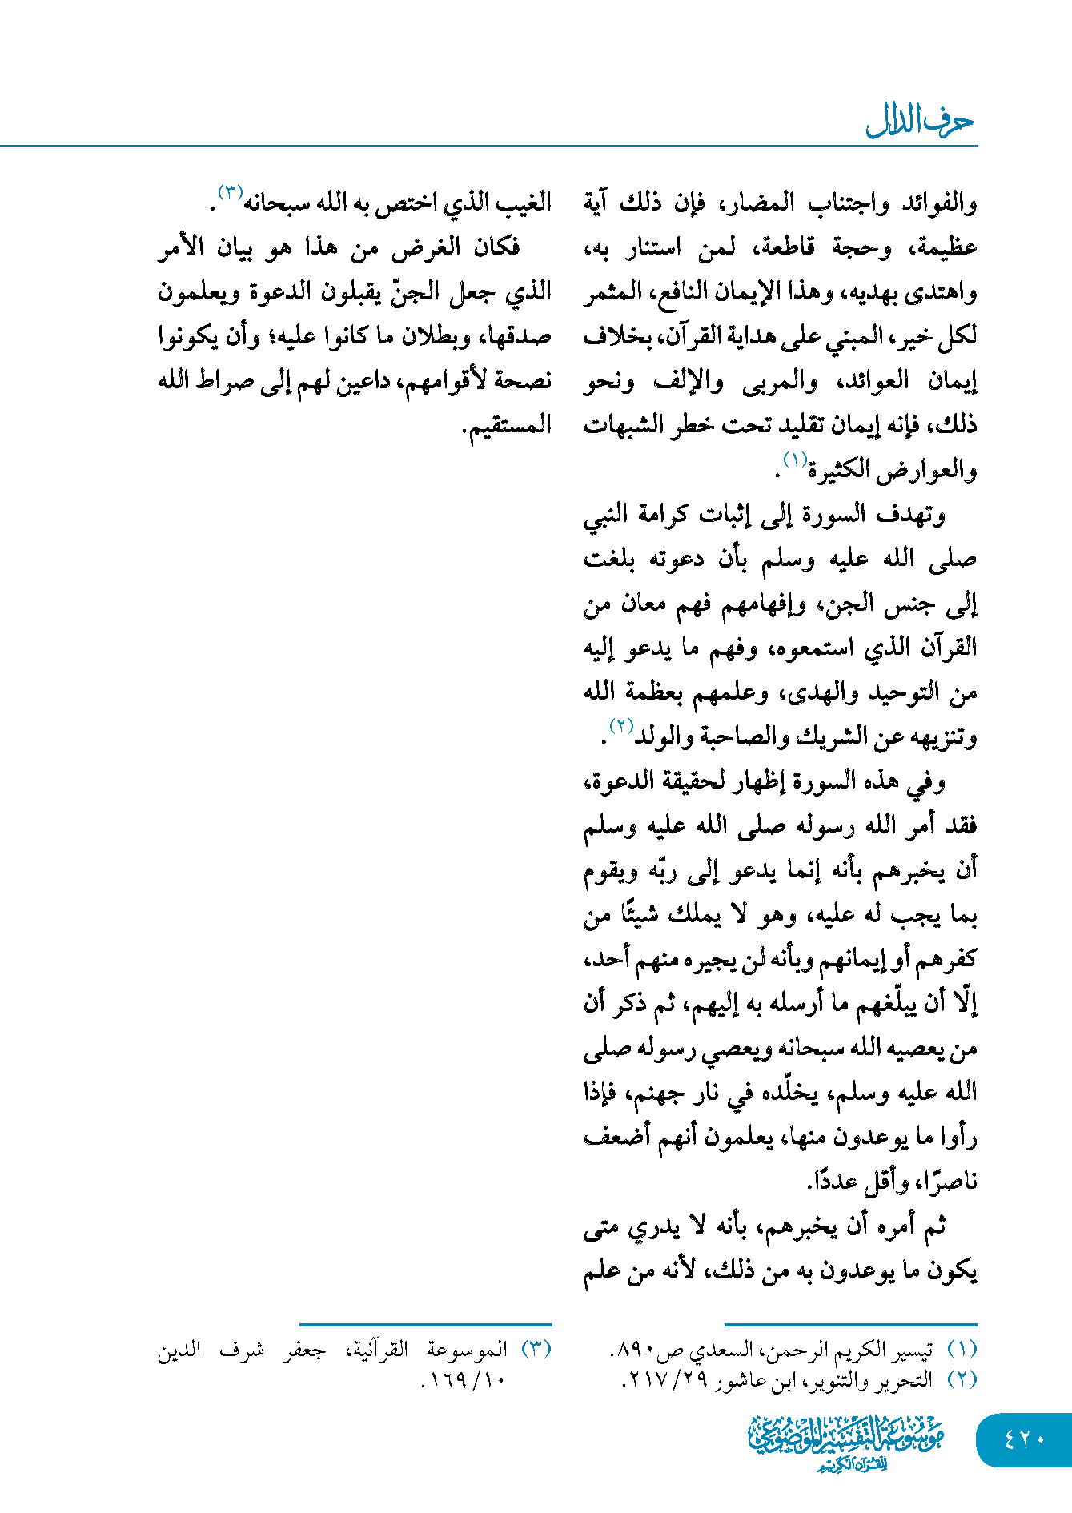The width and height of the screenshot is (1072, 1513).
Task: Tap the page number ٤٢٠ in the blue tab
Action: pos(1024,1439)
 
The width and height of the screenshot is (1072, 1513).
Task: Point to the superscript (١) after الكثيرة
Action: pos(795,460)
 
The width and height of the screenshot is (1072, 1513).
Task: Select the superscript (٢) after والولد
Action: pos(621,726)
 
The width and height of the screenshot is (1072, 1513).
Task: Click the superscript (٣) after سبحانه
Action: pos(230,193)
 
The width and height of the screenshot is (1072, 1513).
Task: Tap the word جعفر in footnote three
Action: pos(304,1350)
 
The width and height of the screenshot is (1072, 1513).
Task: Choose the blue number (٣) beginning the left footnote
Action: pos(536,1350)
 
